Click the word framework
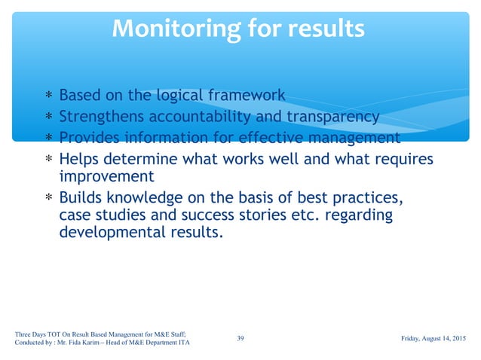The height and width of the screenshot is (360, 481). (247, 96)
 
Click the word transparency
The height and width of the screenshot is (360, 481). (330, 117)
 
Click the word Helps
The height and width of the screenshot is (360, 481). (80, 160)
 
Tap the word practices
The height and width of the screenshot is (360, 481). (364, 198)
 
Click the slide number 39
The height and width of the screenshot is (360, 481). (240, 338)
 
